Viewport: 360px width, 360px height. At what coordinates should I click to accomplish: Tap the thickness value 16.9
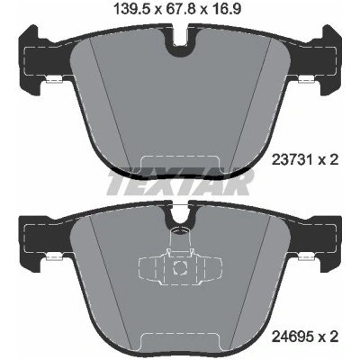coord(226,10)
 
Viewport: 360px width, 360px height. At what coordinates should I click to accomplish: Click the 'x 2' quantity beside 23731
coord(328,160)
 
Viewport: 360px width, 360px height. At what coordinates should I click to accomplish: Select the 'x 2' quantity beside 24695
coord(328,337)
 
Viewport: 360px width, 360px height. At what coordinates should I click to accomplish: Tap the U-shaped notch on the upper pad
coord(180,41)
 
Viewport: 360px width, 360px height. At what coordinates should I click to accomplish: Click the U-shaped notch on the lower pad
coord(179,213)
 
